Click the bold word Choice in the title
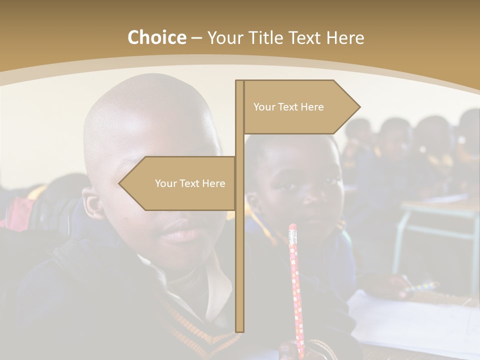[156, 37]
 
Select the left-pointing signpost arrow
[177, 183]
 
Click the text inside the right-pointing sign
[288, 107]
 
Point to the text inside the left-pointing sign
[190, 183]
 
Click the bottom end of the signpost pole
[239, 327]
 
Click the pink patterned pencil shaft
[296, 290]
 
